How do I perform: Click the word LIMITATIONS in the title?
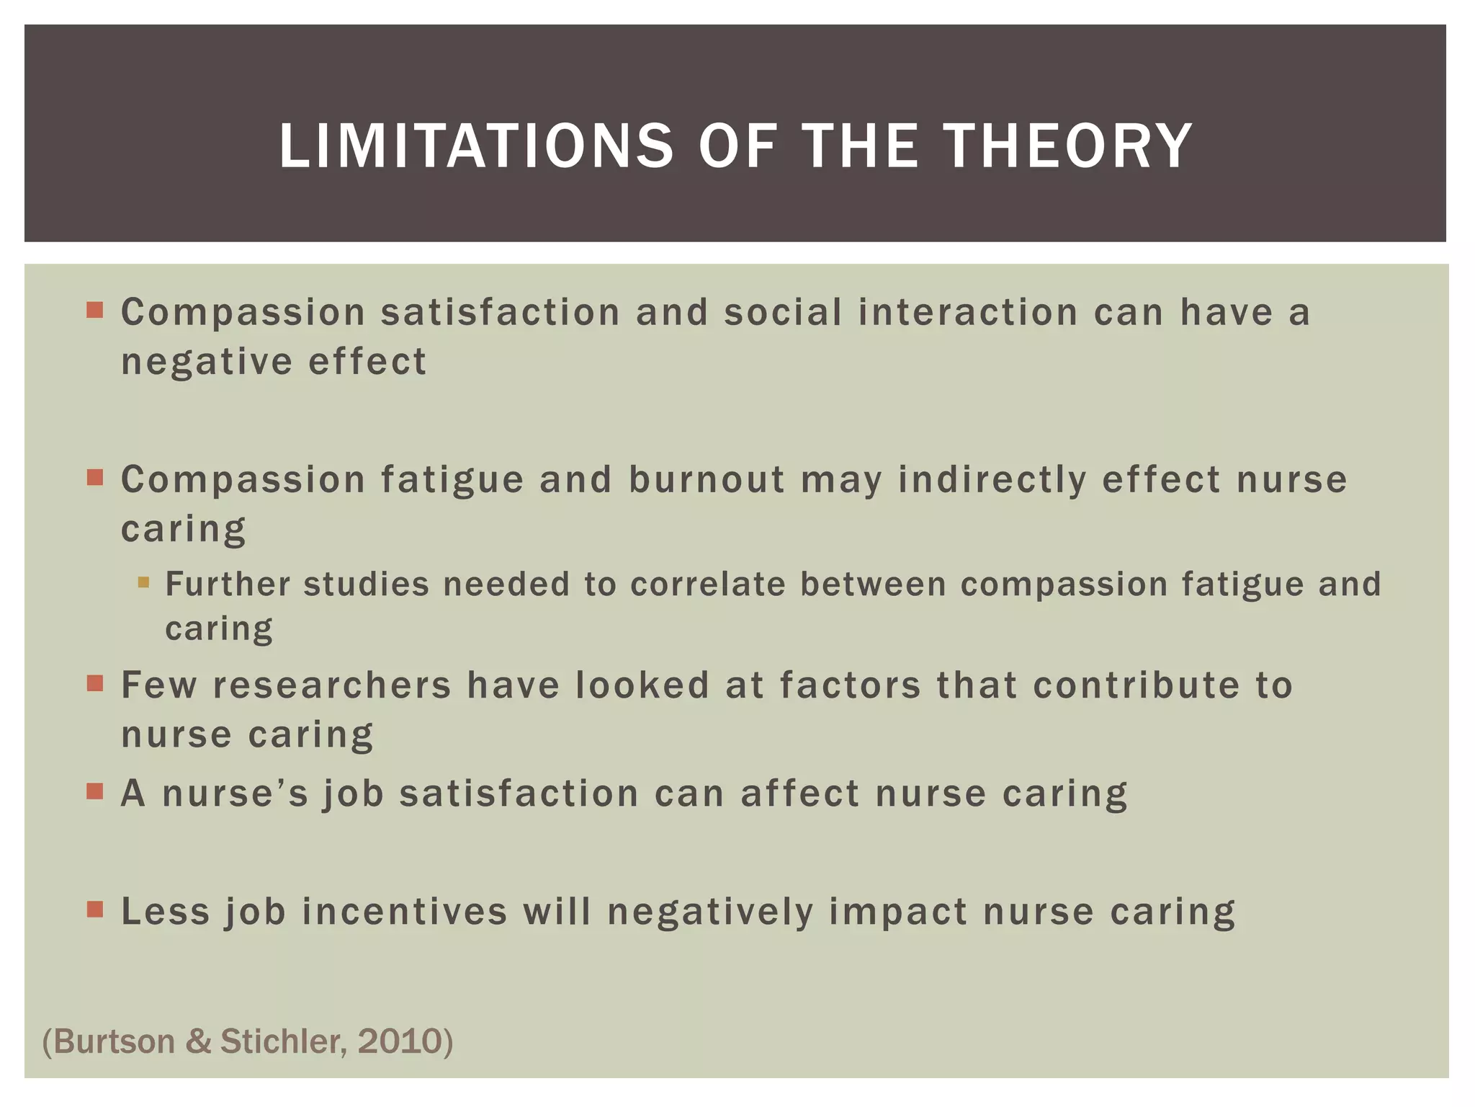[x=476, y=146]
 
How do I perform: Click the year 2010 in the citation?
[x=399, y=1041]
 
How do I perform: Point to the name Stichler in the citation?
[x=284, y=1041]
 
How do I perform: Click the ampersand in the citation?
[x=198, y=1042]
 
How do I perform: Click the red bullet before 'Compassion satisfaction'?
[x=95, y=311]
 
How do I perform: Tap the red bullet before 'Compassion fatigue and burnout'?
[x=95, y=477]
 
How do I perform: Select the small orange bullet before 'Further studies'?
[x=143, y=582]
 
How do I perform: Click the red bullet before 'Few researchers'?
[x=95, y=683]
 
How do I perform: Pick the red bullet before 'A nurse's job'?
[x=95, y=791]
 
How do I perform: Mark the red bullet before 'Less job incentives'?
[x=95, y=909]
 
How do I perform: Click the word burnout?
[x=707, y=480]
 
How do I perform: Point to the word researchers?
[x=332, y=685]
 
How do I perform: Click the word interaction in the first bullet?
[x=967, y=313]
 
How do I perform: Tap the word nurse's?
[x=236, y=794]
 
